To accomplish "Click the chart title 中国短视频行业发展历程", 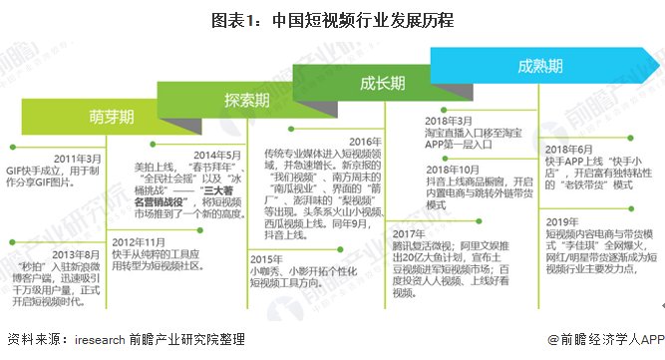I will coord(331,20).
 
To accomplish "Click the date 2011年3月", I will coord(77,159).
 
